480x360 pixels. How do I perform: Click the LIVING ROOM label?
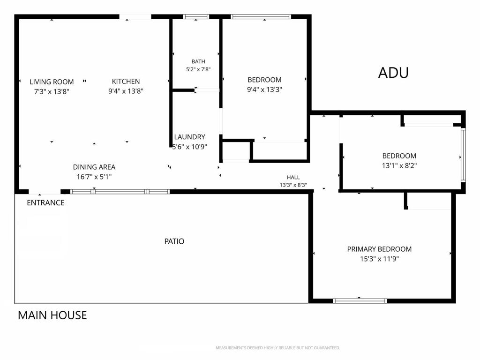click(x=52, y=82)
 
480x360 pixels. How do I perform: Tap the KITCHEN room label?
click(x=126, y=82)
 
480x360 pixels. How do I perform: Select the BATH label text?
click(x=198, y=61)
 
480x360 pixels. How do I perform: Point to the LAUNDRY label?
click(x=189, y=137)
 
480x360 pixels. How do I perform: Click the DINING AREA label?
click(x=94, y=167)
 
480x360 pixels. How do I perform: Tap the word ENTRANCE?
click(x=45, y=202)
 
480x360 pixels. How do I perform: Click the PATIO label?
click(x=174, y=241)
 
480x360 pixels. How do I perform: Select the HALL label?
click(x=293, y=177)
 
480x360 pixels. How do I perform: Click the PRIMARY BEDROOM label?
click(x=379, y=249)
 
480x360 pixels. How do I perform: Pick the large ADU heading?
click(x=393, y=73)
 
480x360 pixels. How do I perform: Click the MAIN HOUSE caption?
click(x=52, y=315)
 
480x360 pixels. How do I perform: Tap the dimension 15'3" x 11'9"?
click(x=379, y=259)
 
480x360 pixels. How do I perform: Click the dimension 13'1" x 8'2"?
click(x=399, y=165)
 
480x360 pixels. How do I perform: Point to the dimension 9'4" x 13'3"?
click(x=264, y=90)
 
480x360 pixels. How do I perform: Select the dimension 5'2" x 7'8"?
click(x=198, y=69)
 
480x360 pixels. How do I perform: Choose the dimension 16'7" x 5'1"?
click(x=94, y=177)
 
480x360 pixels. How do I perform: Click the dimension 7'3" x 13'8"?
click(x=52, y=91)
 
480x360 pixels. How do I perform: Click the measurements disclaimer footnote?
click(x=278, y=348)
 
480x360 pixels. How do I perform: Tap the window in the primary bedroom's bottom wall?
click(x=360, y=301)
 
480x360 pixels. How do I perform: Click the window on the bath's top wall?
click(x=196, y=16)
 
